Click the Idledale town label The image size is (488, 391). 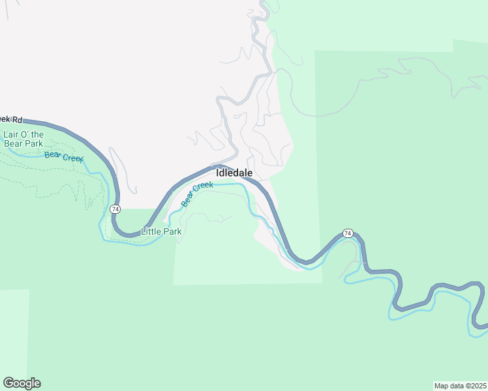pos(234,173)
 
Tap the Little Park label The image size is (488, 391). pos(161,231)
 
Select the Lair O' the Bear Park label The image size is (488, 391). pos(23,139)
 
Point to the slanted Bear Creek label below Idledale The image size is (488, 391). pos(197,194)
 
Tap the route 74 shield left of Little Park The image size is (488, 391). pos(115,209)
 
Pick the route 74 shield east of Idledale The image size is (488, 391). pos(347,233)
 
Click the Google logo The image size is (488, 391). pos(22,383)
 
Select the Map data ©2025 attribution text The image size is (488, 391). pos(460,385)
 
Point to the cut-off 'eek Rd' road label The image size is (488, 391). pos(11,120)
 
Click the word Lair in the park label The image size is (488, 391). pos(11,135)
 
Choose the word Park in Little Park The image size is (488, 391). pos(172,231)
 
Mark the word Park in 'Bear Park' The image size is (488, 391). pos(33,143)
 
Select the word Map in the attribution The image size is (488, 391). pos(442,385)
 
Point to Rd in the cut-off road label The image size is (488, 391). pos(18,120)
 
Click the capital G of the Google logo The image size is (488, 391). pos(8,383)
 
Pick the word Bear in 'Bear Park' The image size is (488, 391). pos(13,143)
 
